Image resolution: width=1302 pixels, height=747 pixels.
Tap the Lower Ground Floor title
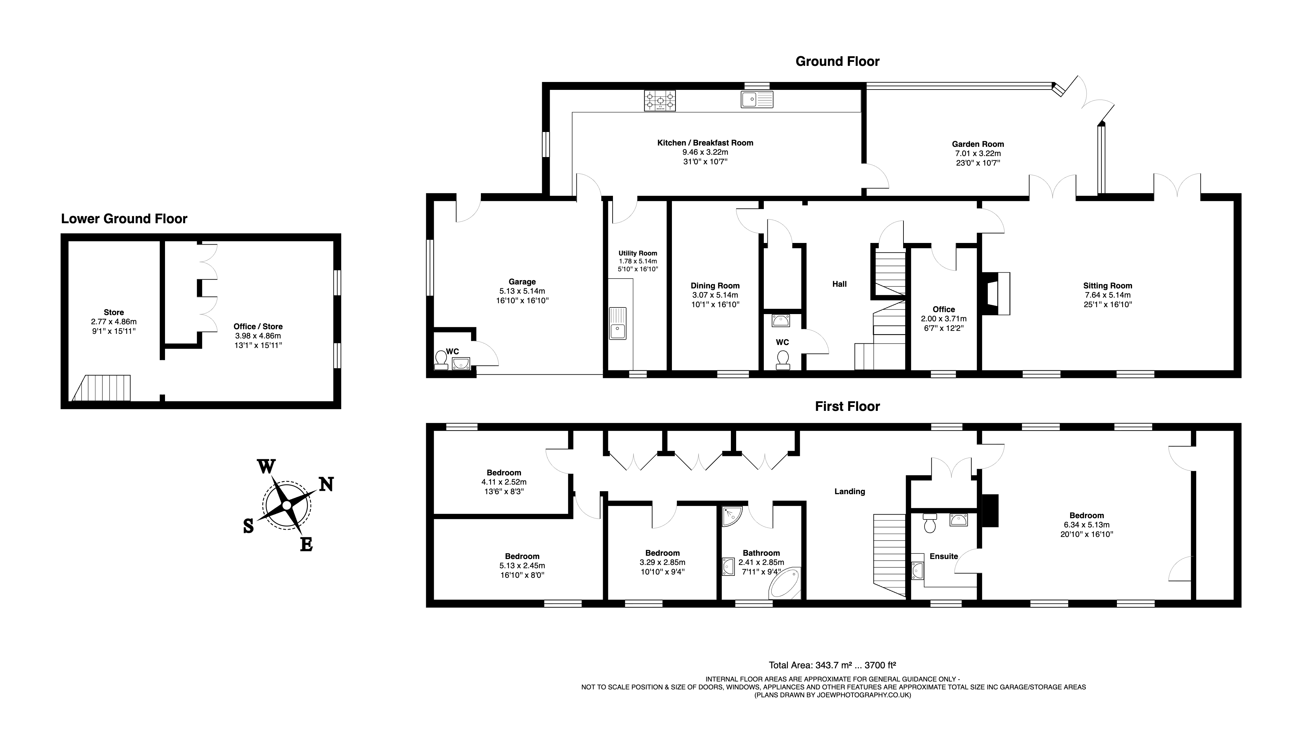coord(124,219)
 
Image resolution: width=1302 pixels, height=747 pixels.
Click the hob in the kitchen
coord(660,100)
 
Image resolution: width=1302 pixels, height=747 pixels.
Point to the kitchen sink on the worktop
coord(757,99)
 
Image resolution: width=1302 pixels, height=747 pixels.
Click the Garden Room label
coord(978,144)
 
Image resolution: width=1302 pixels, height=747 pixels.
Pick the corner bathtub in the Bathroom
coord(785,583)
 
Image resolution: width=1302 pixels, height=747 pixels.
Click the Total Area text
coord(832,665)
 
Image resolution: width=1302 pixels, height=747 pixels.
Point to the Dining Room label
coord(715,286)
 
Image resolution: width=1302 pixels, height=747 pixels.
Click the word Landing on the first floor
coord(849,492)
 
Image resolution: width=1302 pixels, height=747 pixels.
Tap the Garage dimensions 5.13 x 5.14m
coord(522,291)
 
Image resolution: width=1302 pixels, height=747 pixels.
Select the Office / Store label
coord(258,326)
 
